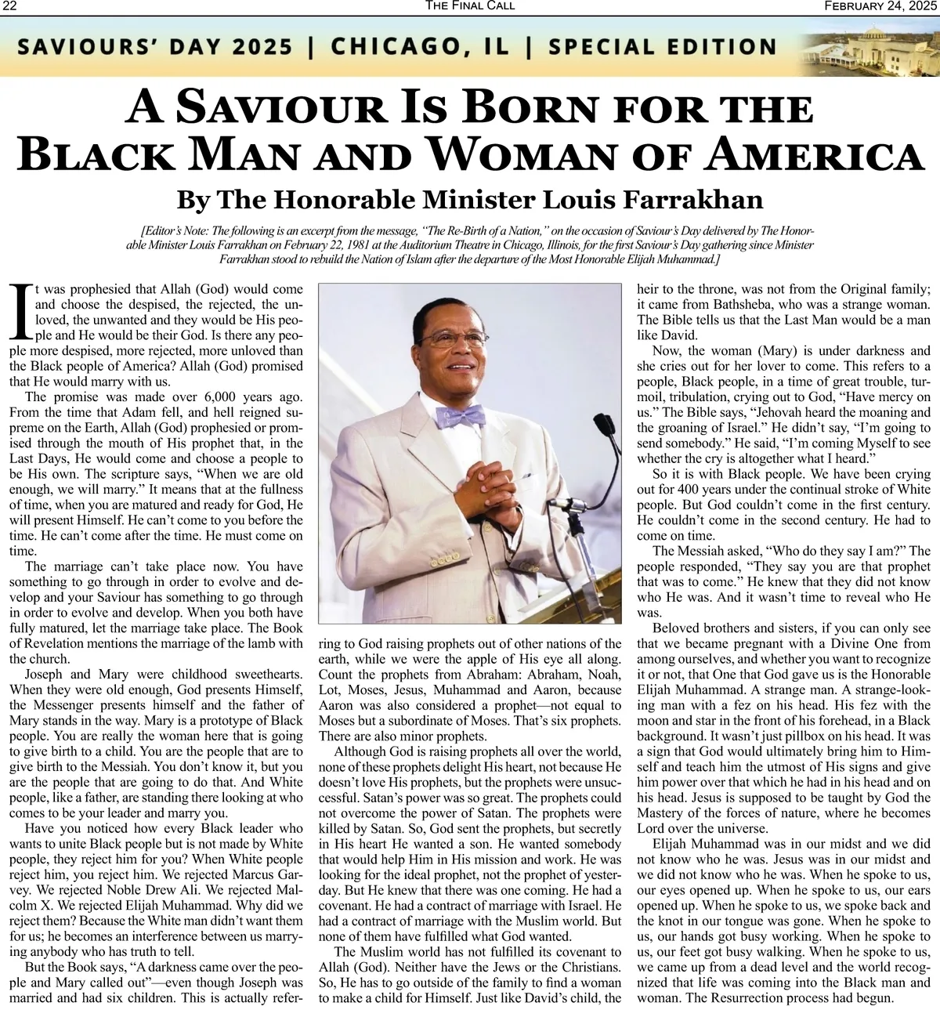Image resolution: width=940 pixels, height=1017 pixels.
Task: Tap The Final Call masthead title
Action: (x=470, y=6)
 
